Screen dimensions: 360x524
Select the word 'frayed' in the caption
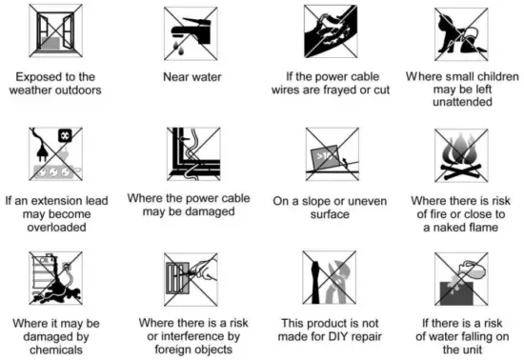340,90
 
